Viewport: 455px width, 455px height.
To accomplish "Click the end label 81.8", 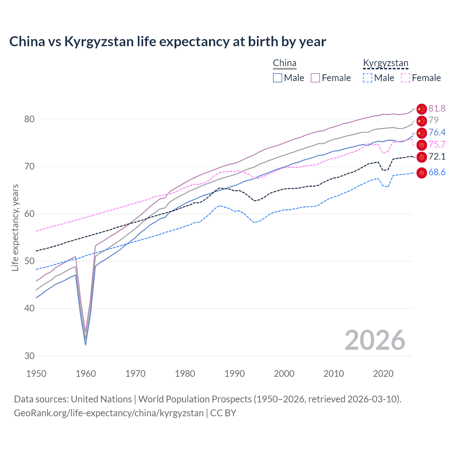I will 437,108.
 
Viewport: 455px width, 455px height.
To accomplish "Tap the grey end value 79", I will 433,120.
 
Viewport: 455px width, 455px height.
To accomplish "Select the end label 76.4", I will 437,132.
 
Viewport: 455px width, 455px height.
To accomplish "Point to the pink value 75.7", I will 437,144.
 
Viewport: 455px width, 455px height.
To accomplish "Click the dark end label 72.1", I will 437,156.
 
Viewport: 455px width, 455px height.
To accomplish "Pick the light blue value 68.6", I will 437,172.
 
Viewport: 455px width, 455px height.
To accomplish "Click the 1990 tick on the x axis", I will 235,374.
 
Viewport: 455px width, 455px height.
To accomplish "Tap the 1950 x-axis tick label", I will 36,374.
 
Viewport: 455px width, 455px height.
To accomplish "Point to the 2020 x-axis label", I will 383,374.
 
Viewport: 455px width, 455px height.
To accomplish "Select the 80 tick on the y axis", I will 30,119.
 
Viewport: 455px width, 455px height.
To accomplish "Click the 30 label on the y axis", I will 30,356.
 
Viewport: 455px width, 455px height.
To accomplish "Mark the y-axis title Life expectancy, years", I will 15,227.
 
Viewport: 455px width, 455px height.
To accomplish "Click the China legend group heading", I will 284,63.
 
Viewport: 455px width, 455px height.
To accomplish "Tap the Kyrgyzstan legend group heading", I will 386,63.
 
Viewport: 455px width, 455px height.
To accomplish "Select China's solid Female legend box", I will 315,78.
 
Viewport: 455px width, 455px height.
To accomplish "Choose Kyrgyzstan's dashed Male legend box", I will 368,78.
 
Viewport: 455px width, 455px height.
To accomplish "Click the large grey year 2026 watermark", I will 375,340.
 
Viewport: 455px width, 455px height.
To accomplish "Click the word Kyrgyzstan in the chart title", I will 99,42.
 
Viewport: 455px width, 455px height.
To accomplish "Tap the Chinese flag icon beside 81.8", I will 421,109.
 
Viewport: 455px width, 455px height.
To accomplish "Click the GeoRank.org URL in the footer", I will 109,413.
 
